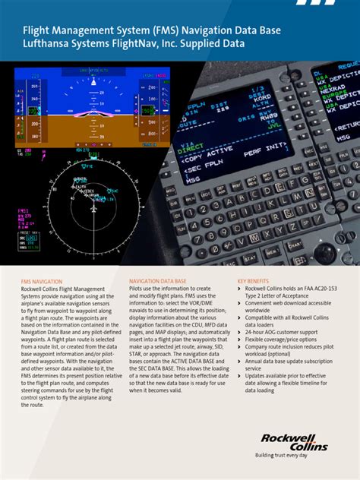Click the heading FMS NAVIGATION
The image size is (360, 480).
[42, 281]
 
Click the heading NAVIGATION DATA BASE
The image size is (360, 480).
[158, 281]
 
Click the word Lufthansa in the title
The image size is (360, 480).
[48, 44]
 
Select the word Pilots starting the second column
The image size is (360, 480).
[138, 289]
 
